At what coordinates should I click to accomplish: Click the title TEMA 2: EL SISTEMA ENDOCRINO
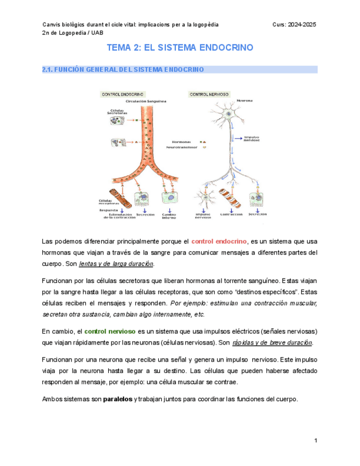[180, 48]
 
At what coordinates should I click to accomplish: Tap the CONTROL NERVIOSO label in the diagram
[209, 95]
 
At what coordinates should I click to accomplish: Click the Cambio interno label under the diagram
[169, 215]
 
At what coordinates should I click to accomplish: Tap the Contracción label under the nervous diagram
[231, 214]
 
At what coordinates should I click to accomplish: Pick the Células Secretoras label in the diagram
[117, 112]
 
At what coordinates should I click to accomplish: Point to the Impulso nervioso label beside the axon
[252, 138]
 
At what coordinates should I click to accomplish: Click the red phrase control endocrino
[219, 241]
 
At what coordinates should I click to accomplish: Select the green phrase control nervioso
[110, 331]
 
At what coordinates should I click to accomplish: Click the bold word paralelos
[118, 400]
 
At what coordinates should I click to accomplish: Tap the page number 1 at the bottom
[315, 441]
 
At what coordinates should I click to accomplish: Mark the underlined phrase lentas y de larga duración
[116, 264]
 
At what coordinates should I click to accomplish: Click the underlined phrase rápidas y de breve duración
[272, 342]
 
